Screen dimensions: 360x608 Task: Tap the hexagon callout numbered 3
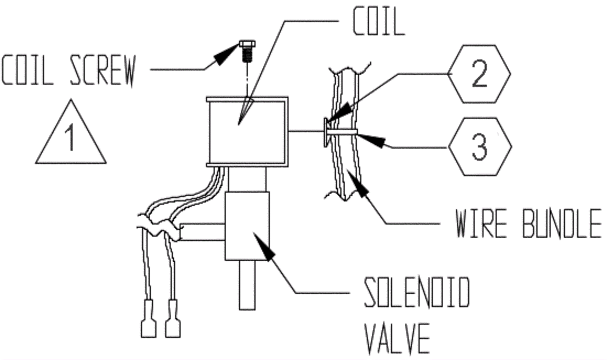pos(479,147)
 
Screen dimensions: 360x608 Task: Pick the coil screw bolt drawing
pos(247,51)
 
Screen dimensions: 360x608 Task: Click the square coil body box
pos(247,132)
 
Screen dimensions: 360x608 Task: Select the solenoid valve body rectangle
pos(247,226)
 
